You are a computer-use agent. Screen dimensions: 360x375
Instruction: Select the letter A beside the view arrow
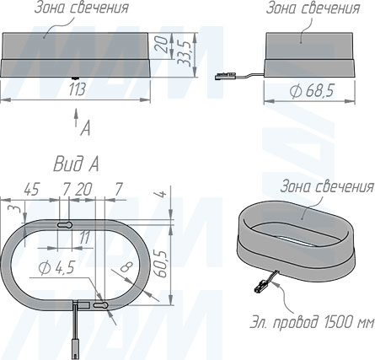[84, 129]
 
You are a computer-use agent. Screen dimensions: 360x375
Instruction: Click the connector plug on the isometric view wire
[260, 288]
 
